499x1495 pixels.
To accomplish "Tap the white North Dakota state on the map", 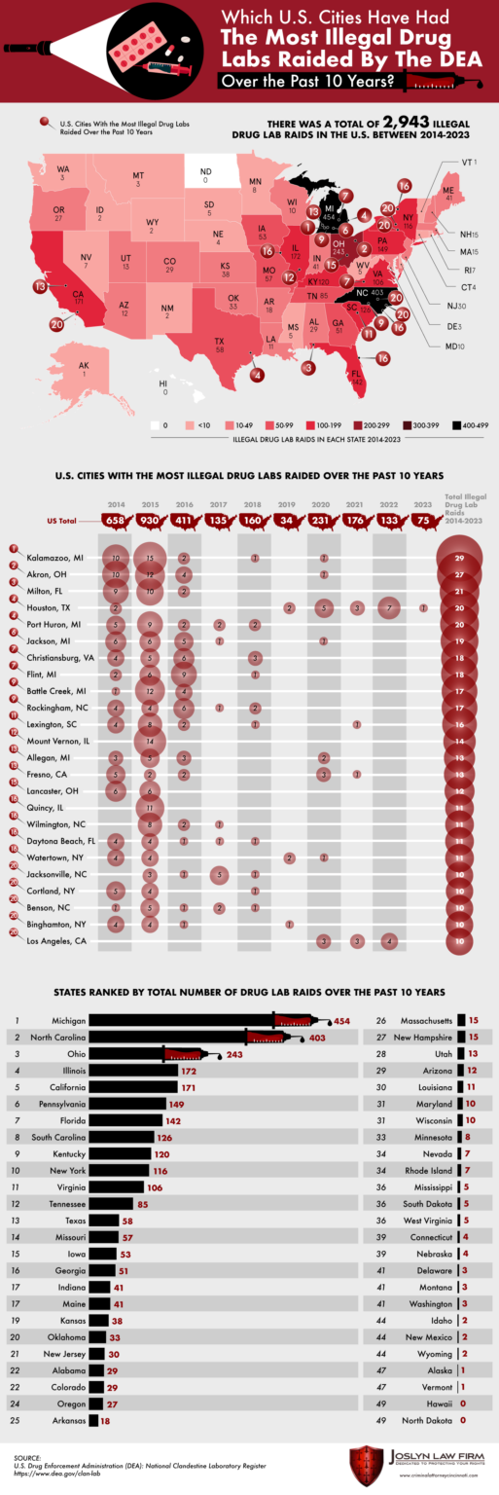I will pyautogui.click(x=205, y=174).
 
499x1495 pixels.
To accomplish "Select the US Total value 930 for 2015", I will pyautogui.click(x=150, y=521).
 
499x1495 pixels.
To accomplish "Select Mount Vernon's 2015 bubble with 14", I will pyautogui.click(x=150, y=740).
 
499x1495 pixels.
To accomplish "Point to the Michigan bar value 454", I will pyautogui.click(x=341, y=1022).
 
